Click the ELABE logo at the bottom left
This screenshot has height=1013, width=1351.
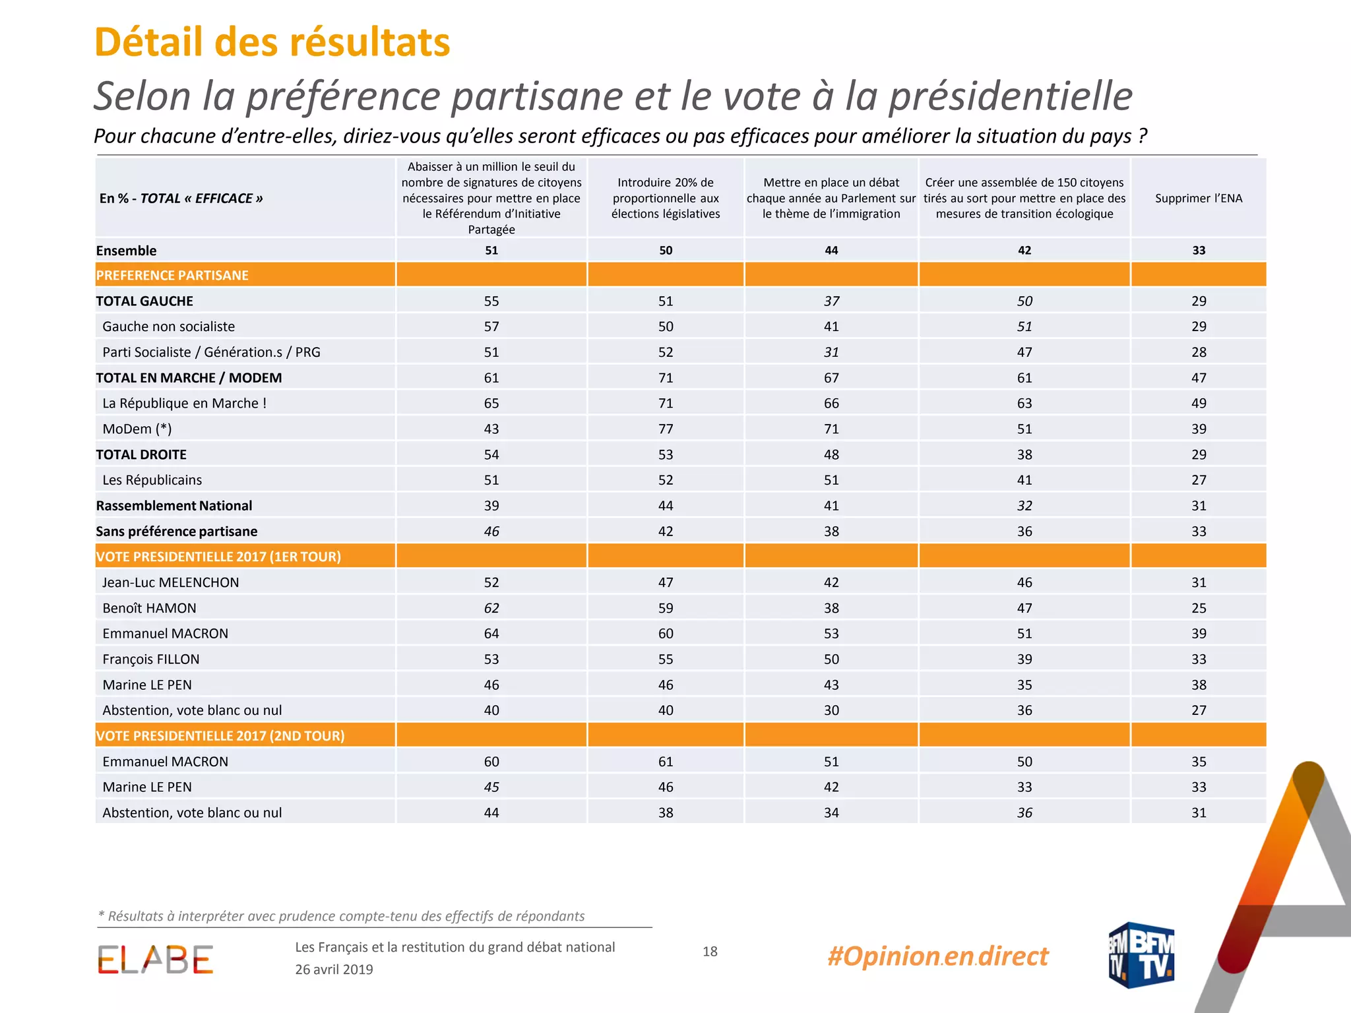pos(156,960)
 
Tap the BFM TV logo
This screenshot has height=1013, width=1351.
pos(1141,955)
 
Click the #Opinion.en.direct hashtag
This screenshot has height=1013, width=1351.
pos(937,956)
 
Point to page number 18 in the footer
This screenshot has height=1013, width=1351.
pos(710,951)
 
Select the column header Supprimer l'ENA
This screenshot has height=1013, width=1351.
pos(1199,198)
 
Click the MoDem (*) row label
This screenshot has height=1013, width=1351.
pos(137,429)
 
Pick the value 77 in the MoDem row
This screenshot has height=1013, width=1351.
pos(666,429)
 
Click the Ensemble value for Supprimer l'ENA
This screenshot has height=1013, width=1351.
pos(1199,250)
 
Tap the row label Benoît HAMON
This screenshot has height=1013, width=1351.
pos(149,608)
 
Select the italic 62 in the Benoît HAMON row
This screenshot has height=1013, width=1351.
pos(491,608)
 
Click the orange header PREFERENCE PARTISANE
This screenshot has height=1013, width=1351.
pos(172,275)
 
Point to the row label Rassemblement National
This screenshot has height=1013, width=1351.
pos(174,505)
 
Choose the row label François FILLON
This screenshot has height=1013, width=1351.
pos(151,659)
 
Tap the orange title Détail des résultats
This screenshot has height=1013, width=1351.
pos(272,42)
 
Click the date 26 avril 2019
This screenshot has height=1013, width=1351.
pos(334,969)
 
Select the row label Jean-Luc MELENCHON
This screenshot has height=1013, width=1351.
pos(171,582)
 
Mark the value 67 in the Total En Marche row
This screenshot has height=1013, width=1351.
pos(831,377)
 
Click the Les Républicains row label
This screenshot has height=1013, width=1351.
pos(152,480)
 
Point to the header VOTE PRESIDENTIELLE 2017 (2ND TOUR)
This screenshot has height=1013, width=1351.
pos(220,735)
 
